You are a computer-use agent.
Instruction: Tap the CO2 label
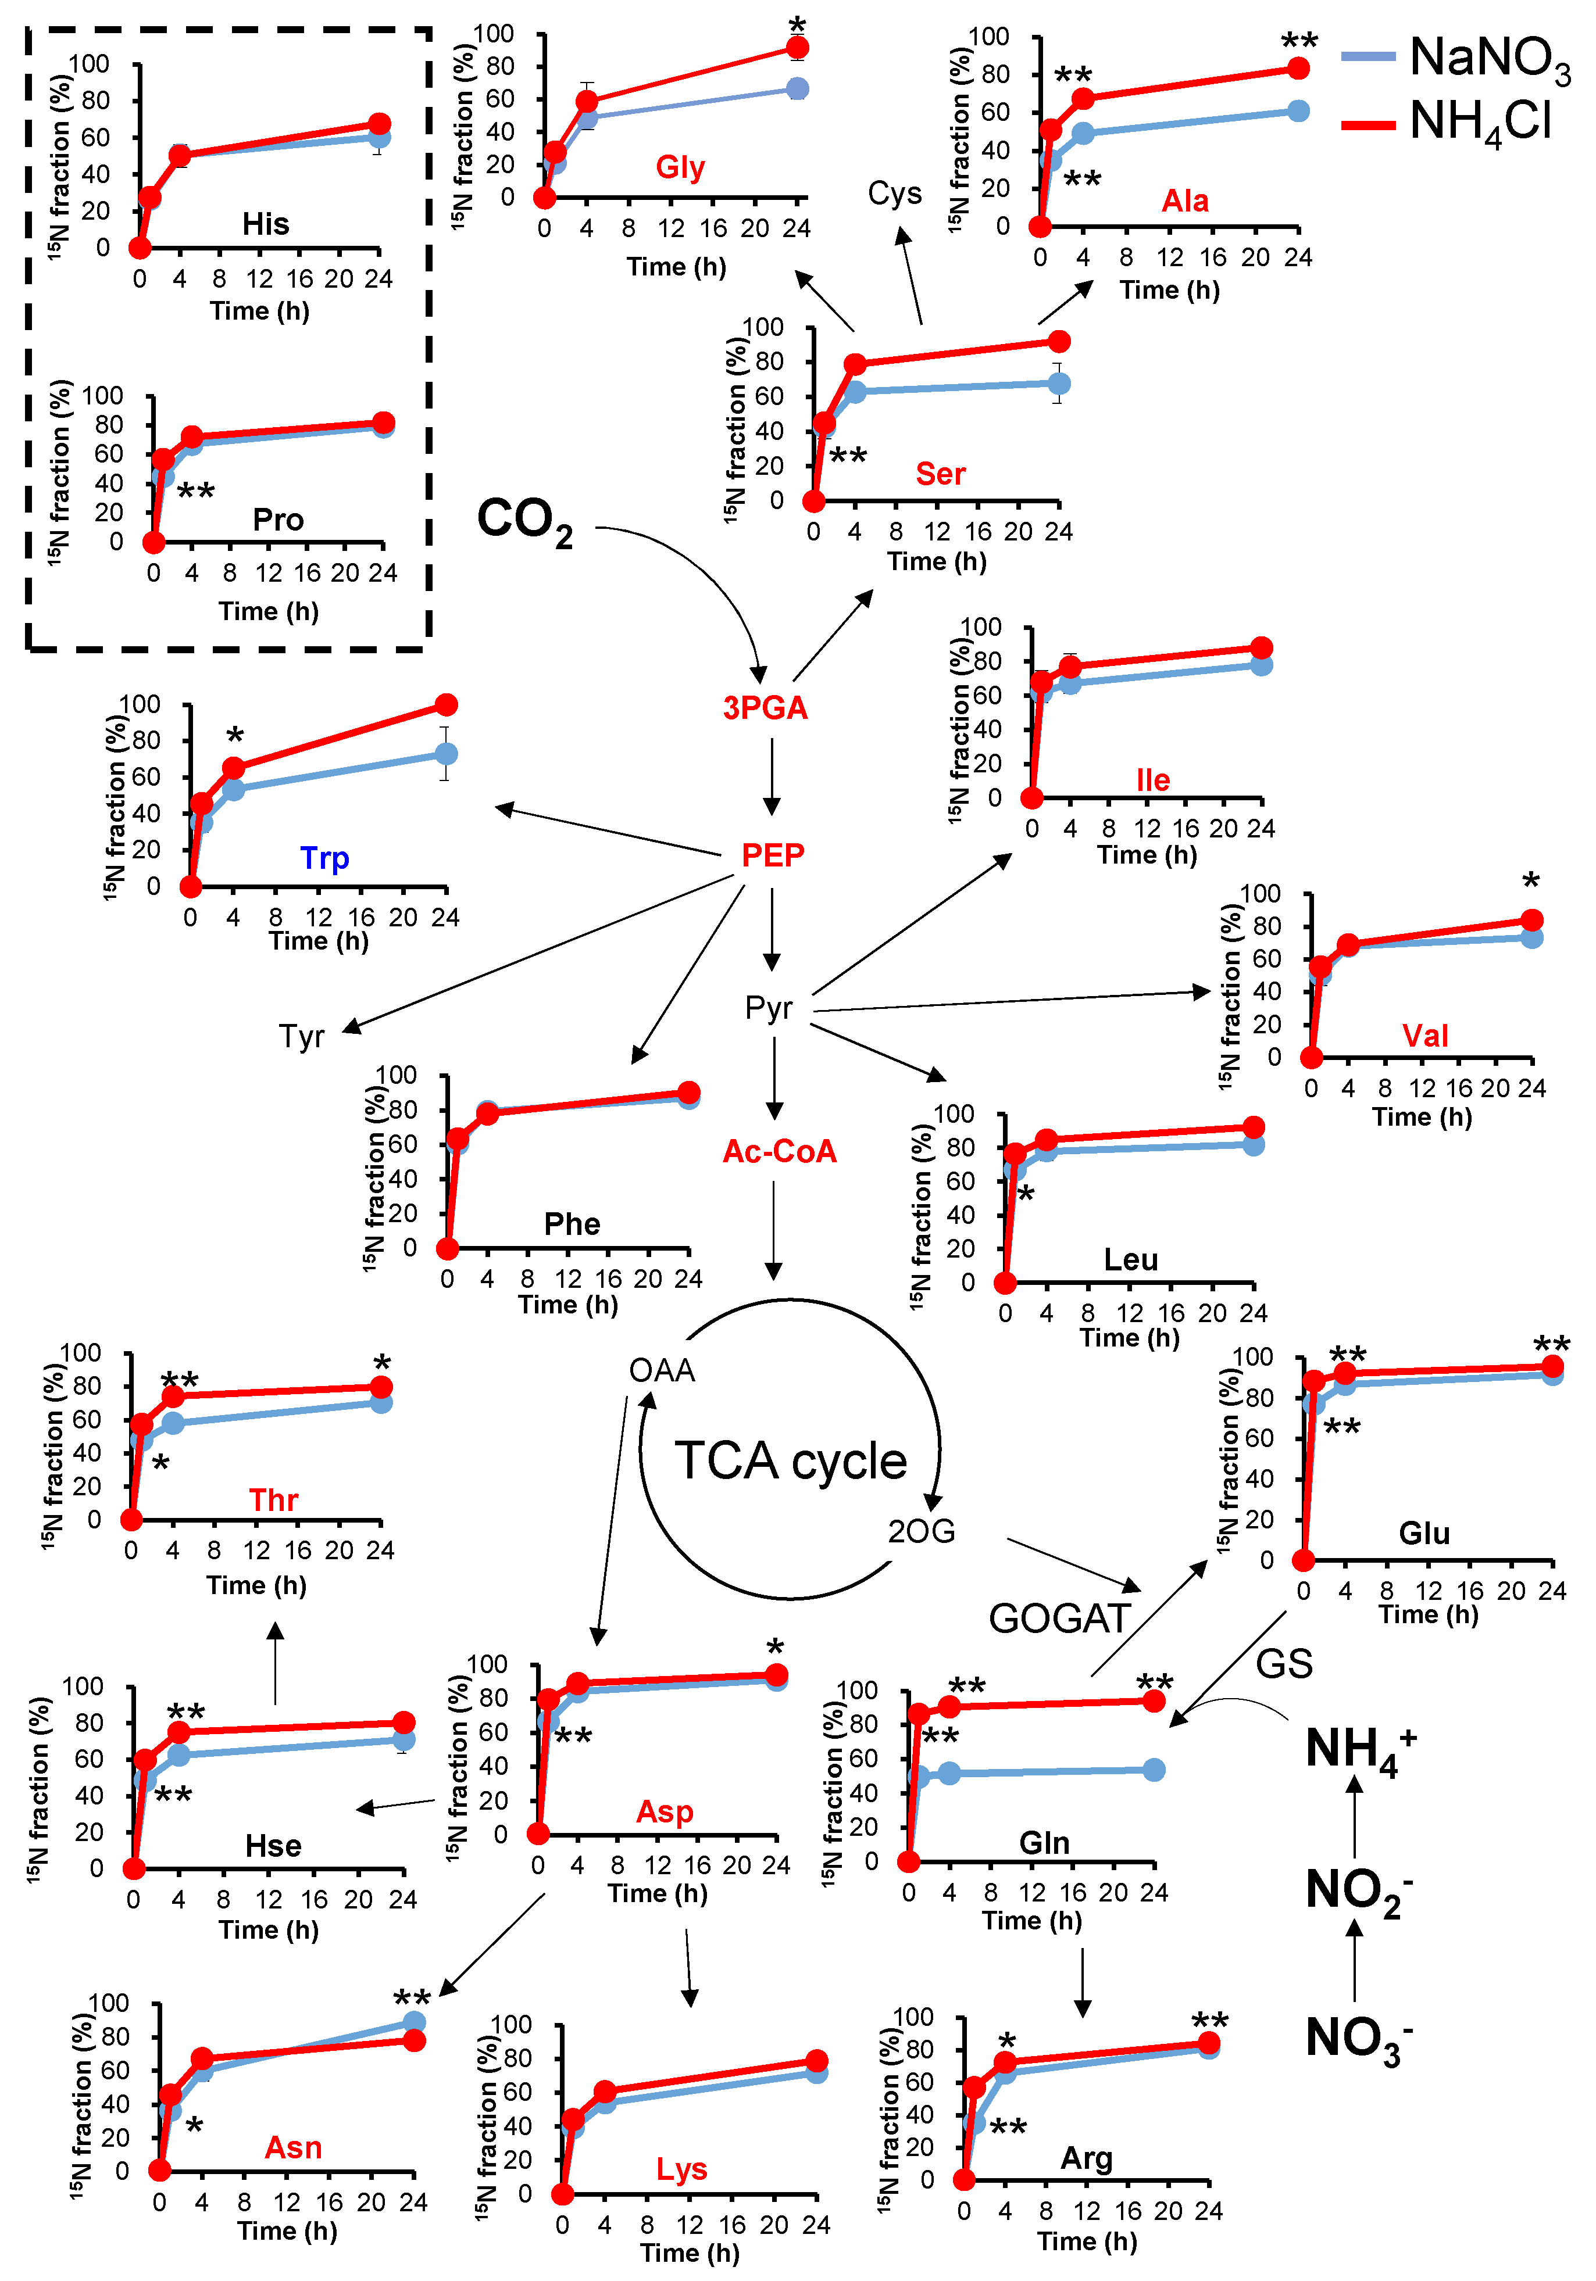tap(524, 521)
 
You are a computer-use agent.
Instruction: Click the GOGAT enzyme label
tap(1059, 1618)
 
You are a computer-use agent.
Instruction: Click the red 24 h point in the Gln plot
tap(1153, 1702)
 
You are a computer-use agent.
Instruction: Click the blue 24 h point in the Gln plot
tap(1153, 1770)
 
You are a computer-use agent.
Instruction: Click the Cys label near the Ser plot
tap(894, 193)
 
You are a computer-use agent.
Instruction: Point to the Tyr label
tap(301, 1036)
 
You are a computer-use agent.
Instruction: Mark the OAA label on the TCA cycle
tap(662, 1371)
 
